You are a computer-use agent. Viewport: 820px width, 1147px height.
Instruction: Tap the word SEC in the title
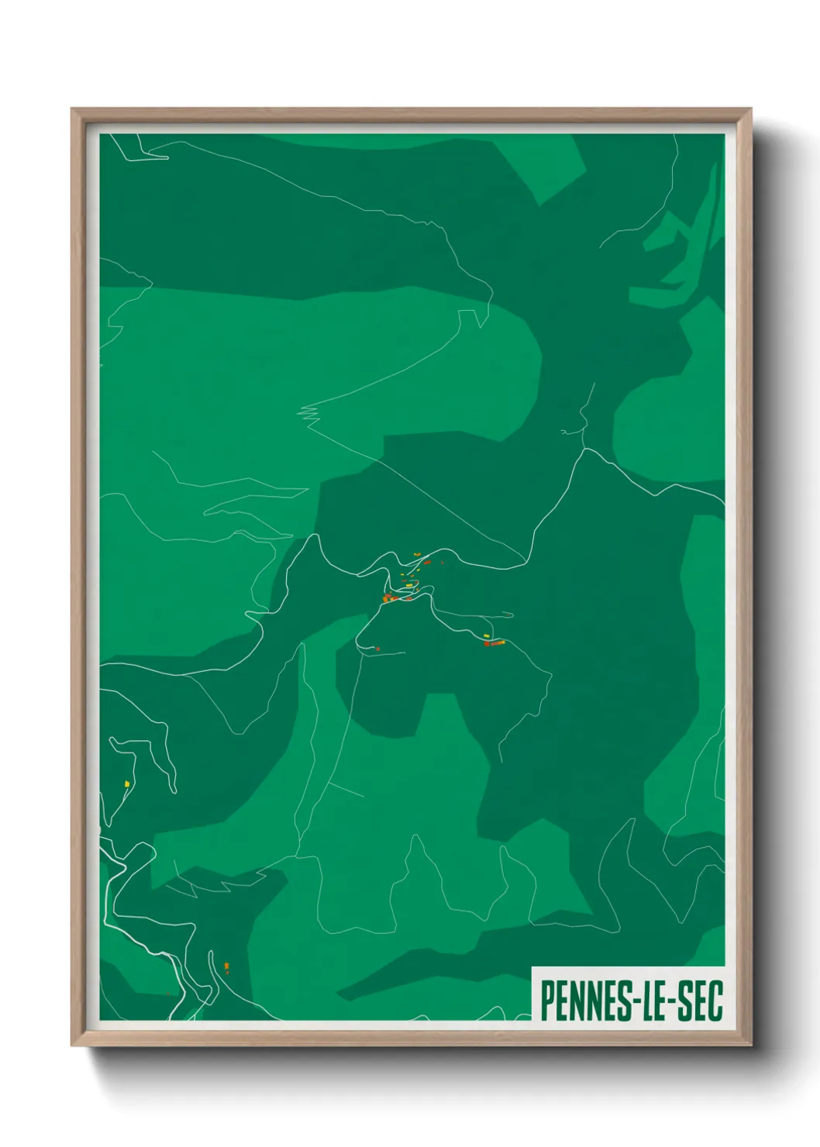(698, 1001)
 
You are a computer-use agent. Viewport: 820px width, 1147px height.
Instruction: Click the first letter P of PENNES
(546, 1001)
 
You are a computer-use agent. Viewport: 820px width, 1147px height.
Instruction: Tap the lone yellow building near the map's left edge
(126, 784)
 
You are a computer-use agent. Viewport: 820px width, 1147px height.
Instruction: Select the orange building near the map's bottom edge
(226, 966)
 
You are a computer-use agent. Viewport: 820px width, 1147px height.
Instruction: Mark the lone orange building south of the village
(377, 648)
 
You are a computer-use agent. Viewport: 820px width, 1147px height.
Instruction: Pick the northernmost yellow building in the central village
(416, 553)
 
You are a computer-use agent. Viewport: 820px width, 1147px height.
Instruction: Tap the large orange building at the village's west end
(386, 598)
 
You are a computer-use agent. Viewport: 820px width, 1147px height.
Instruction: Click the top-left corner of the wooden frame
(72, 109)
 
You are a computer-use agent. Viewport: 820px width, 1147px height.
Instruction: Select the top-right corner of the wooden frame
(750, 109)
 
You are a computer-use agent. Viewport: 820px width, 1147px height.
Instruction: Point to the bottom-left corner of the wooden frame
(72, 1045)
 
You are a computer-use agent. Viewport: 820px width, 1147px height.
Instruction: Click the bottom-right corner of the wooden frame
(750, 1045)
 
